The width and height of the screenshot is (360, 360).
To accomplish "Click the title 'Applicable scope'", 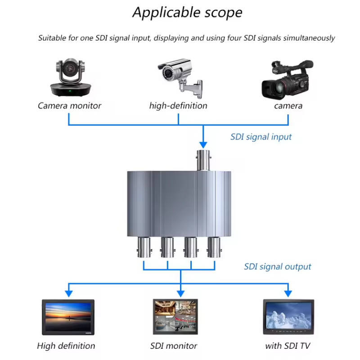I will [x=187, y=13].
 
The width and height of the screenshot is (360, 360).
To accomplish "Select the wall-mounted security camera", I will [x=180, y=76].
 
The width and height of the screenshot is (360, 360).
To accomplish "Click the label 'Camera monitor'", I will [x=69, y=106].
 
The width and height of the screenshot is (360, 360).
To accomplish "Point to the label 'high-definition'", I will [x=178, y=106].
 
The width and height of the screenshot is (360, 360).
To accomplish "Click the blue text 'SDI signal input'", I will [x=261, y=137].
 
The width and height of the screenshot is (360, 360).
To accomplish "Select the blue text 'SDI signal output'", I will [x=278, y=267].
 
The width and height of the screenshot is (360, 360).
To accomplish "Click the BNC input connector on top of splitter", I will [x=203, y=160].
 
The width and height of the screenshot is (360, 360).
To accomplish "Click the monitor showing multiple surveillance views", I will [x=173, y=316].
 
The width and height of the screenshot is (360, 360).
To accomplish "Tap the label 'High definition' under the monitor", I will [x=66, y=346].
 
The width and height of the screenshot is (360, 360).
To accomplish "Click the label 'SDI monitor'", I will [x=174, y=346].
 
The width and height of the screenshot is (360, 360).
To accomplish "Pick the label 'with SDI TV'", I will [x=288, y=346].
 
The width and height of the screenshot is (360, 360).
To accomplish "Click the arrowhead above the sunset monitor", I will [x=68, y=293].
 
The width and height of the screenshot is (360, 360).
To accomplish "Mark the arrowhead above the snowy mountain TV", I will [x=288, y=293].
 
